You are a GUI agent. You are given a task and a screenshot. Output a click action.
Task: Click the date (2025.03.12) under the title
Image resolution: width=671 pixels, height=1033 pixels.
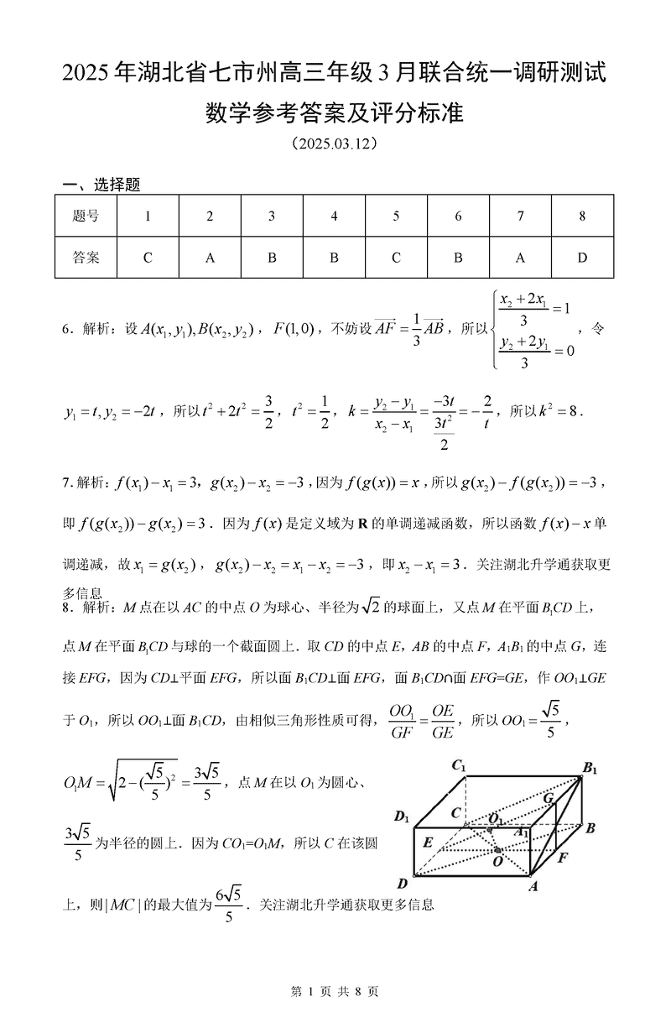tap(335, 143)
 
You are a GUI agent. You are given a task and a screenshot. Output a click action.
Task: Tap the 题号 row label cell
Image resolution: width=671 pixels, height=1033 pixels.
tap(86, 217)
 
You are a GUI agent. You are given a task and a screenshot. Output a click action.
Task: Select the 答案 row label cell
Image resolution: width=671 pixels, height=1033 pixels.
tap(86, 258)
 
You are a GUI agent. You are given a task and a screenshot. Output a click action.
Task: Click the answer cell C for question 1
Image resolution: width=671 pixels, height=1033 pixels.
tap(148, 258)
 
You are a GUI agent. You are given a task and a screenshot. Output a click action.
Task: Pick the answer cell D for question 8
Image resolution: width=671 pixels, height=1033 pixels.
tap(582, 258)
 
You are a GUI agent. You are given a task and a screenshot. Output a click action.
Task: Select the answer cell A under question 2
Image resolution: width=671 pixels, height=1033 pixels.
tap(210, 258)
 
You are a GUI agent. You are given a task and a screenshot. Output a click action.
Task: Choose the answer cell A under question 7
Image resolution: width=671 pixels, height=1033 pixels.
tap(520, 258)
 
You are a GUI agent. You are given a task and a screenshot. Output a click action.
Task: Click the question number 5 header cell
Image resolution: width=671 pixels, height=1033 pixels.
tap(396, 217)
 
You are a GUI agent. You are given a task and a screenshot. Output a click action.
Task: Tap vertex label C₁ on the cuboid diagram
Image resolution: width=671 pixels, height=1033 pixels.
tap(459, 764)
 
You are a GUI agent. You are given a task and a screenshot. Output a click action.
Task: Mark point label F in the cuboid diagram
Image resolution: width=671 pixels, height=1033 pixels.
tap(563, 858)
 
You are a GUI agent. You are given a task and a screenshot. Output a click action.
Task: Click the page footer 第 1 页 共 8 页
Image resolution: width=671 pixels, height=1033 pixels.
tap(335, 991)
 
